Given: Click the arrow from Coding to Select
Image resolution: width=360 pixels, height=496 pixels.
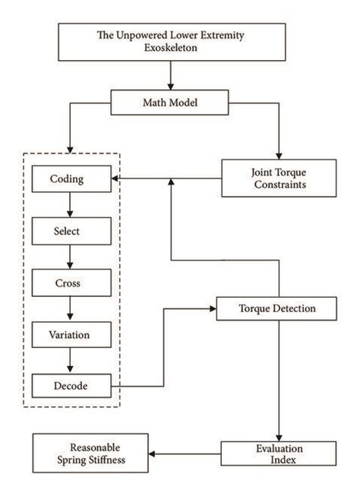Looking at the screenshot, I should point(70,205).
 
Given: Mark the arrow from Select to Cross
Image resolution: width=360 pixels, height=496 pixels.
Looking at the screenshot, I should point(70,257).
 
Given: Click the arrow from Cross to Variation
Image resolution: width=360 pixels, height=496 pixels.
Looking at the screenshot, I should point(70,308).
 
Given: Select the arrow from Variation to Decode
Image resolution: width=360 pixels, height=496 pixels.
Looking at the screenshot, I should point(70,360).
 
